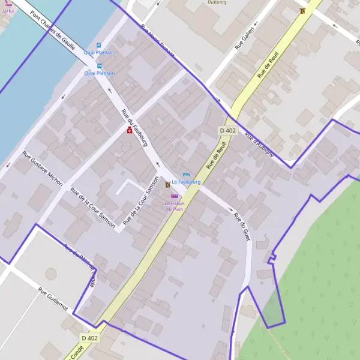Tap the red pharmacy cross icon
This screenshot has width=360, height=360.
pos(129,130)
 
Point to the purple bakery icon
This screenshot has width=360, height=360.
pos(175,196)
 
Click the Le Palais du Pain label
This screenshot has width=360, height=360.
pos(175,206)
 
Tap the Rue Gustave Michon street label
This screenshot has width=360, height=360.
pos(42,169)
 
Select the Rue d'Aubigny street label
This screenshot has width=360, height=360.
pos(259,145)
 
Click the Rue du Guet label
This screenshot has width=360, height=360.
pos(241,227)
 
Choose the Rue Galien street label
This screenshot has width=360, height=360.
pos(245,38)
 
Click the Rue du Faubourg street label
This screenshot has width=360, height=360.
pos(134,128)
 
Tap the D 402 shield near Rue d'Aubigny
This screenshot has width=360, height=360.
pos(227,131)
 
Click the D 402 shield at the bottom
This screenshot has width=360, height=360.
pos(89,338)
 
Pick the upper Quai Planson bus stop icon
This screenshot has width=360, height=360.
pos(99,46)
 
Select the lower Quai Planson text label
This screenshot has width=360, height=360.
pos(99,73)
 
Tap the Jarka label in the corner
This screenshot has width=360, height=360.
pos(8,10)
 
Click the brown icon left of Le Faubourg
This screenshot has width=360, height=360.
pos(167,185)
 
